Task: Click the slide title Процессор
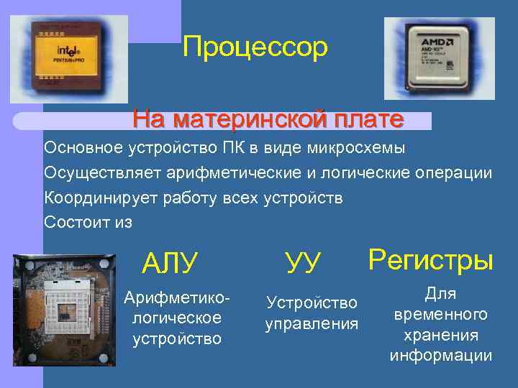click(255, 47)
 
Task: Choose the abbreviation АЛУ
click(170, 263)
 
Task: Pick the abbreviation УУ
click(303, 262)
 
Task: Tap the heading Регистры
click(431, 259)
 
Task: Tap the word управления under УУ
click(312, 324)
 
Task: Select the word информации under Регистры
click(441, 356)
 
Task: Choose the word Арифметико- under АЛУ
click(177, 297)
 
